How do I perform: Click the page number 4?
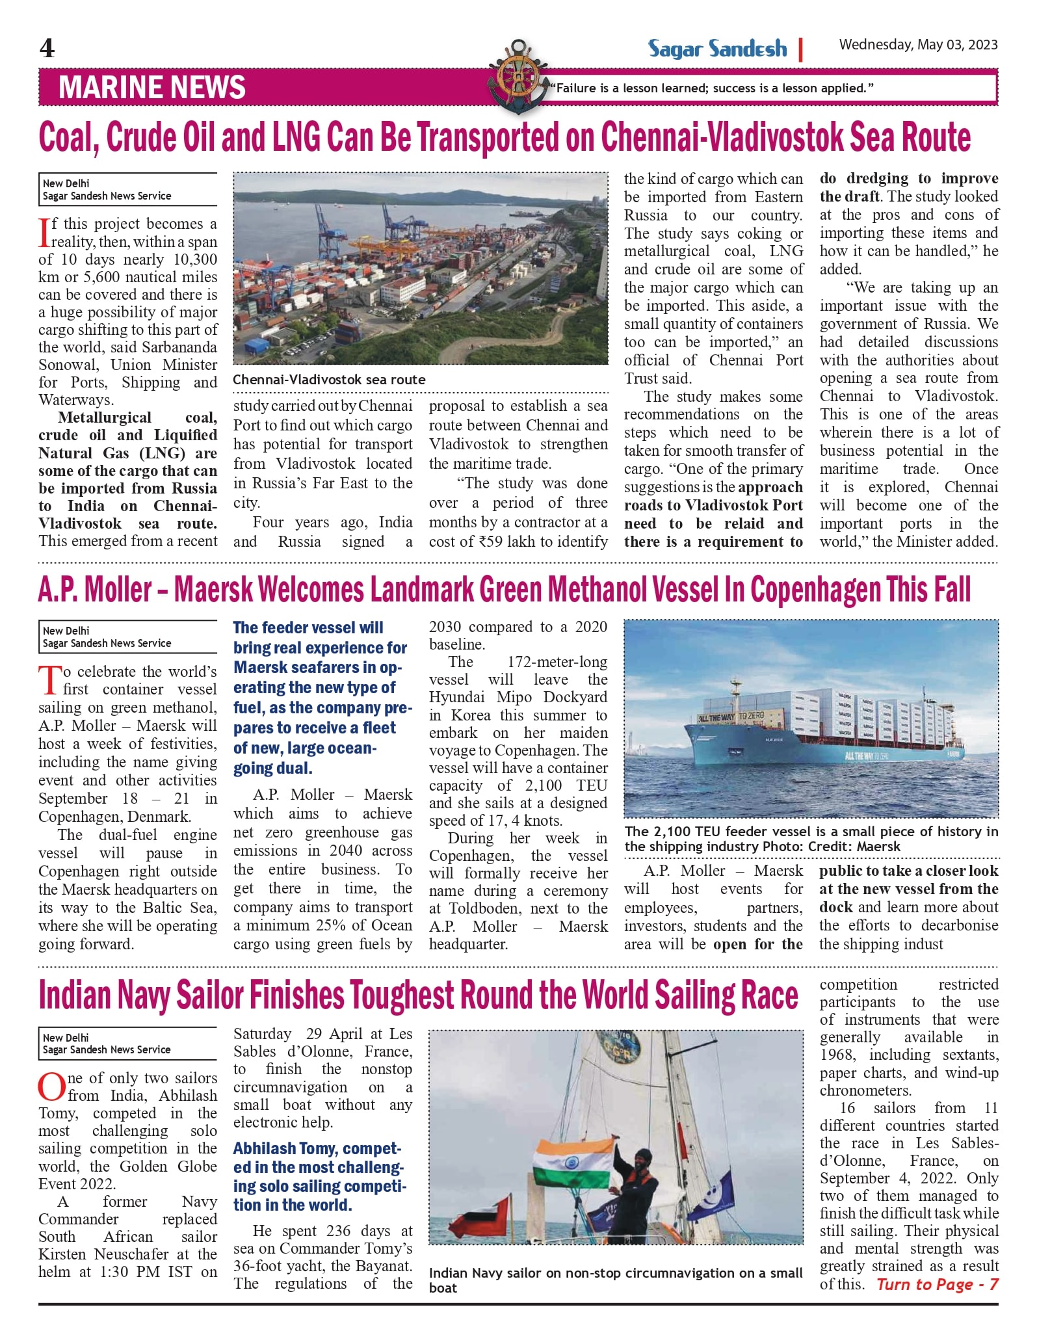pyautogui.click(x=47, y=49)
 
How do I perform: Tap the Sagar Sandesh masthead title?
pyautogui.click(x=717, y=49)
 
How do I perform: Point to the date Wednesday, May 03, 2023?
pyautogui.click(x=918, y=45)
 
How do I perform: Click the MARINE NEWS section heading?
pyautogui.click(x=152, y=88)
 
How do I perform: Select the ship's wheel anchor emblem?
pyautogui.click(x=518, y=76)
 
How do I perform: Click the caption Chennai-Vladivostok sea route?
pyautogui.click(x=329, y=380)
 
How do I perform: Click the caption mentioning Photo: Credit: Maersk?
pyautogui.click(x=810, y=839)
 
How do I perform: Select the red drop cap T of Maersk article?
pyautogui.click(x=49, y=680)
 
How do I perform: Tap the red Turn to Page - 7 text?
pyautogui.click(x=937, y=1284)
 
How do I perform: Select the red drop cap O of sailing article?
pyautogui.click(x=51, y=1087)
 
